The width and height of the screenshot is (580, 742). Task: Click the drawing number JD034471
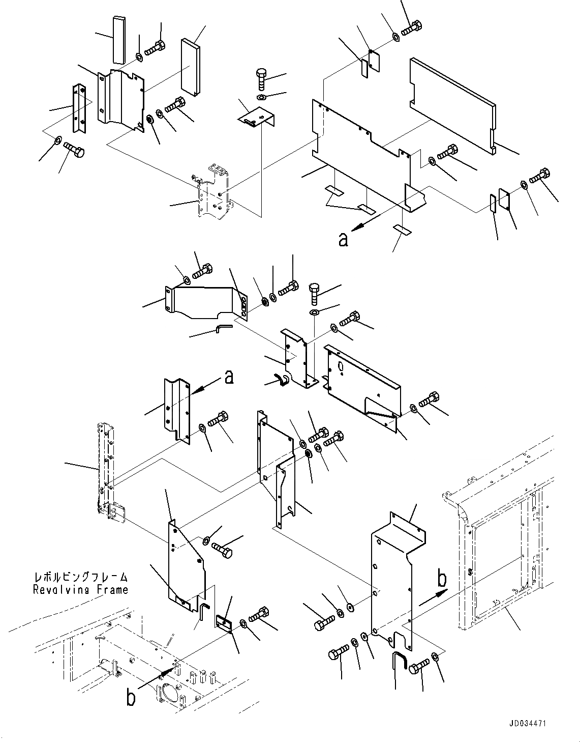529,723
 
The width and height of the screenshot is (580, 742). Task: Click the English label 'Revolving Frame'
80,590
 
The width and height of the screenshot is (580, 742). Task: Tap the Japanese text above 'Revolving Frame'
80,577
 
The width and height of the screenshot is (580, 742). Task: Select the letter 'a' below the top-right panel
344,239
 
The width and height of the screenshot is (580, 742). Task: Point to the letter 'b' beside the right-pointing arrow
443,579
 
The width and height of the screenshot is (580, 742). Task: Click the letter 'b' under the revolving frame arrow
131,698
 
